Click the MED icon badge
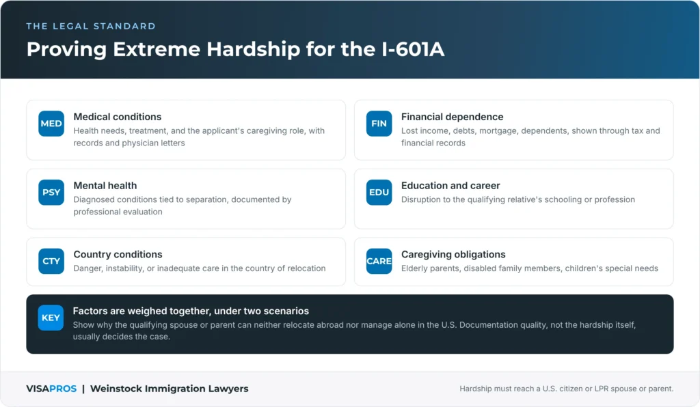coord(51,124)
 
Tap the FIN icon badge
coord(379,124)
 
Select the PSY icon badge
coord(51,192)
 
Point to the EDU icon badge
coord(379,192)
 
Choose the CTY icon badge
coord(51,261)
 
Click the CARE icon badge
coord(379,261)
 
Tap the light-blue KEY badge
coord(51,318)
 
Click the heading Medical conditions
coord(118,117)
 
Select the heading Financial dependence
coord(453,117)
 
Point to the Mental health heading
coord(105,186)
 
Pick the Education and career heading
coord(450,186)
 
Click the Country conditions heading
coord(118,254)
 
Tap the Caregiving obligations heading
coord(453,255)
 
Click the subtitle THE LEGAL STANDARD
coord(91,27)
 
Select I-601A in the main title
coord(413,49)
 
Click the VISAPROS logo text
coord(51,389)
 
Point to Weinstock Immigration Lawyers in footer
coord(170,389)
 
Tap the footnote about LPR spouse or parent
coord(567,389)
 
